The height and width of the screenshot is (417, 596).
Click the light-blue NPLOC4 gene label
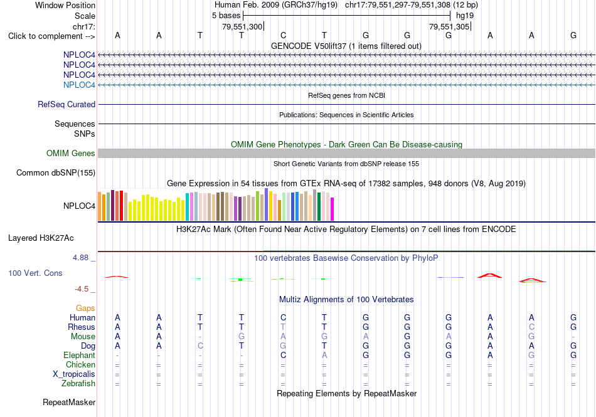(79, 85)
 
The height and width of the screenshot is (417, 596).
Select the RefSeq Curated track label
(67, 104)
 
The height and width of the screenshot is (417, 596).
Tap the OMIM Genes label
(71, 153)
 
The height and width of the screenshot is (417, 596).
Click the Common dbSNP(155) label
(56, 173)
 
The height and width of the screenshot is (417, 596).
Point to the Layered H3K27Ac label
(41, 238)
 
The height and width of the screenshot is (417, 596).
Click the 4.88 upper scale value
(80, 258)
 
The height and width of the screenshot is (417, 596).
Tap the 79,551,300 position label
(242, 26)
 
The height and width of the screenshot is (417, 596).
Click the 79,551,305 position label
(449, 26)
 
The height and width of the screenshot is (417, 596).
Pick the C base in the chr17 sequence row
(283, 35)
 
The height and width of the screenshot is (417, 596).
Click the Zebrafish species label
(78, 383)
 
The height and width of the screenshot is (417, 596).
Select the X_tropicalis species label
(74, 374)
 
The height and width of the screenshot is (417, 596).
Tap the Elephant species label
(79, 355)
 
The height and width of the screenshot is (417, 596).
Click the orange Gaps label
(85, 308)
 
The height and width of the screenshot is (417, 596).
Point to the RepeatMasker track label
(69, 402)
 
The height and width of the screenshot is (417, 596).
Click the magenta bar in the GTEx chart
(333, 209)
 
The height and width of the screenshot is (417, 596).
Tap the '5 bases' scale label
(226, 16)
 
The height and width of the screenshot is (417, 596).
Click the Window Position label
(65, 5)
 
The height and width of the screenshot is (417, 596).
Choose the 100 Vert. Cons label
(35, 273)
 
